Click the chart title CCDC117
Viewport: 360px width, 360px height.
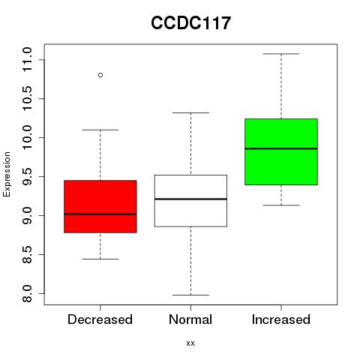click(190, 23)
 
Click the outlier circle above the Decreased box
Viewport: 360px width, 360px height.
click(100, 75)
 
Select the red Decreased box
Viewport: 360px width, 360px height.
click(100, 206)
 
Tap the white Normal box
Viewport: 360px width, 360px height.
click(190, 201)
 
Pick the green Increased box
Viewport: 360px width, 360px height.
click(281, 151)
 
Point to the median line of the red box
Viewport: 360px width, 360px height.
click(100, 214)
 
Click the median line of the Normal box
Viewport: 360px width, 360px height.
click(190, 199)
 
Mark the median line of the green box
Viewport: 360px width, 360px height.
click(281, 148)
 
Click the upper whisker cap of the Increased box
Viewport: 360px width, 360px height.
click(281, 54)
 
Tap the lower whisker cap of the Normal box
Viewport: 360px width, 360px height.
click(190, 295)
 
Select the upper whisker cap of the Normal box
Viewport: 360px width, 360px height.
click(190, 112)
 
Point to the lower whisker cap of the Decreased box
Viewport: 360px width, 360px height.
click(100, 259)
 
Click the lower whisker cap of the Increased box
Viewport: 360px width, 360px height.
click(281, 205)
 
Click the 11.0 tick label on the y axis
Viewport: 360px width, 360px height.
click(27, 59)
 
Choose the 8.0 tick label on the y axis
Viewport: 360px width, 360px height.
click(27, 294)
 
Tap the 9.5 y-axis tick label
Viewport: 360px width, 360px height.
click(27, 176)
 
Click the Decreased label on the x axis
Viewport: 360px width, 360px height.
click(100, 319)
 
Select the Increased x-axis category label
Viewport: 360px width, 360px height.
click(281, 319)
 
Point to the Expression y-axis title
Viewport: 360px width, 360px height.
click(7, 174)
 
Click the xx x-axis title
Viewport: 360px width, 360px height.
click(190, 343)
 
